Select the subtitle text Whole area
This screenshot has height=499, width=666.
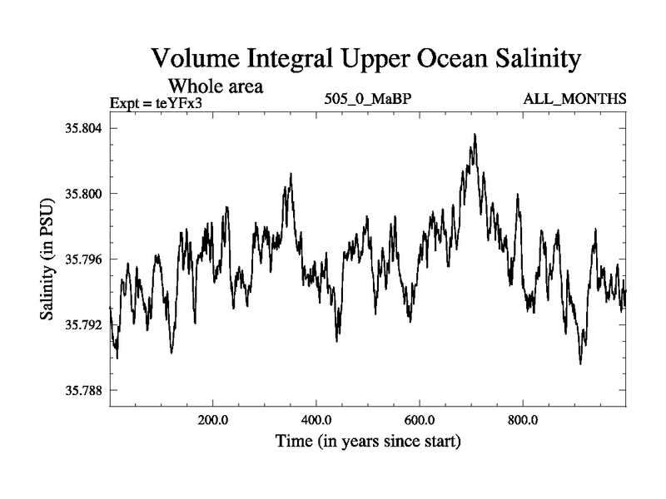point(216,86)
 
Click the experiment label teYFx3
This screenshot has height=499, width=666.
point(181,103)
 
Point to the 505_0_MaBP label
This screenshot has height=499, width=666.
point(369,100)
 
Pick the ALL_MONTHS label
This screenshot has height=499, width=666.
point(574,100)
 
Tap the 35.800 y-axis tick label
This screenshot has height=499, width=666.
point(82,194)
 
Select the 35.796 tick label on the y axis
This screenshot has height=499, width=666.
point(82,259)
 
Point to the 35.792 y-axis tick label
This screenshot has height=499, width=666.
point(82,324)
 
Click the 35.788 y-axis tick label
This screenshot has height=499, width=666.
point(82,390)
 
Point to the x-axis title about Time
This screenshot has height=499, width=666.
point(369,441)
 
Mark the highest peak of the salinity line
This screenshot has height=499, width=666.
point(475,135)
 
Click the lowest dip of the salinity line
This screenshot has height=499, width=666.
point(580,363)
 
